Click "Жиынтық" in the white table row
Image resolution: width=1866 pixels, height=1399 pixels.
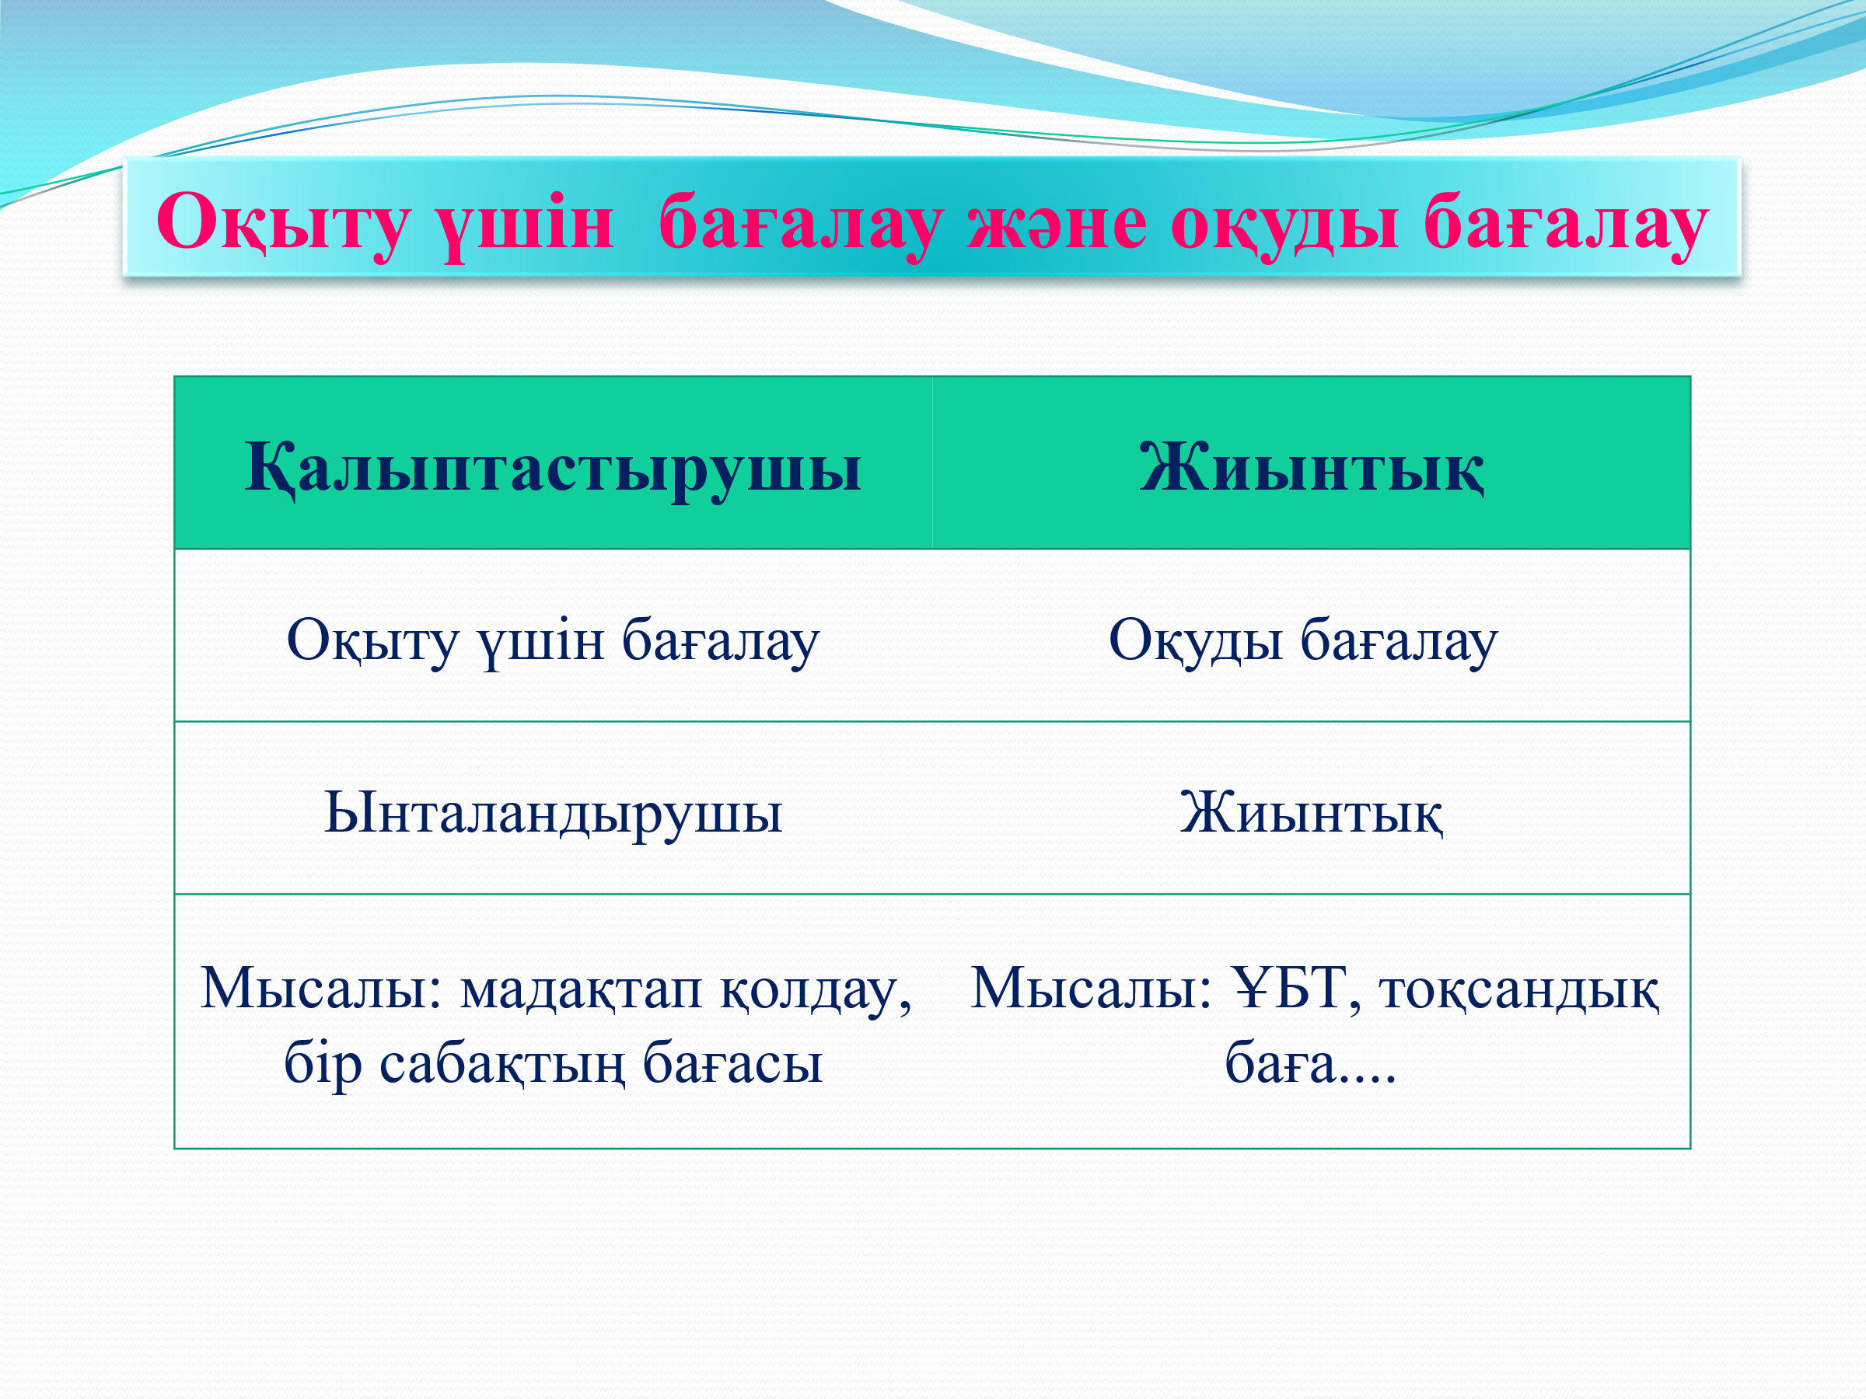pos(1311,813)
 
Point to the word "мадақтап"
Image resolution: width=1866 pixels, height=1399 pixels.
pos(582,990)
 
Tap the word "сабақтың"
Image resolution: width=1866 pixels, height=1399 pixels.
pos(502,1063)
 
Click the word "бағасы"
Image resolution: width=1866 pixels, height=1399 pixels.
pos(732,1064)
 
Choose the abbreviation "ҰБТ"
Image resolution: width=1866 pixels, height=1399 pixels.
pos(1288,988)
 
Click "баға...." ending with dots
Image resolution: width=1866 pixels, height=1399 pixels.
pos(1311,1063)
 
